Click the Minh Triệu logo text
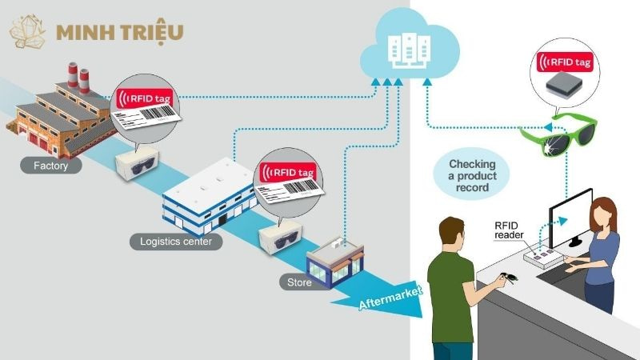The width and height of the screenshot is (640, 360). pyautogui.click(x=120, y=32)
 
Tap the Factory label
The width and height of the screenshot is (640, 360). pyautogui.click(x=40, y=167)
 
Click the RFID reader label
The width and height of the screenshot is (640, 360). pyautogui.click(x=510, y=230)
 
